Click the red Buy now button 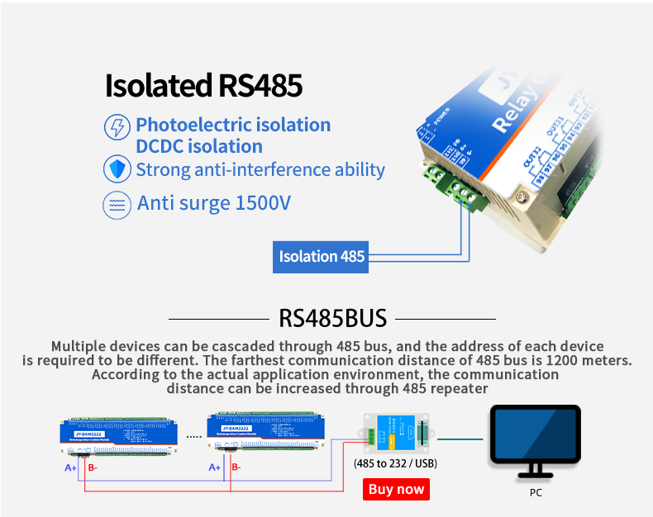[396, 489]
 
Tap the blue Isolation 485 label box [322, 256]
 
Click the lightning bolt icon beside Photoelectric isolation [117, 127]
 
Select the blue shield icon [116, 169]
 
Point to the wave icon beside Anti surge [116, 204]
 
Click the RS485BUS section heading [332, 318]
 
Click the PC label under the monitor [536, 493]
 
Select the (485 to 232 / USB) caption [395, 463]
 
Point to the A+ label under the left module [71, 467]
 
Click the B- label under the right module [236, 467]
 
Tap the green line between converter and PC [459, 439]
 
